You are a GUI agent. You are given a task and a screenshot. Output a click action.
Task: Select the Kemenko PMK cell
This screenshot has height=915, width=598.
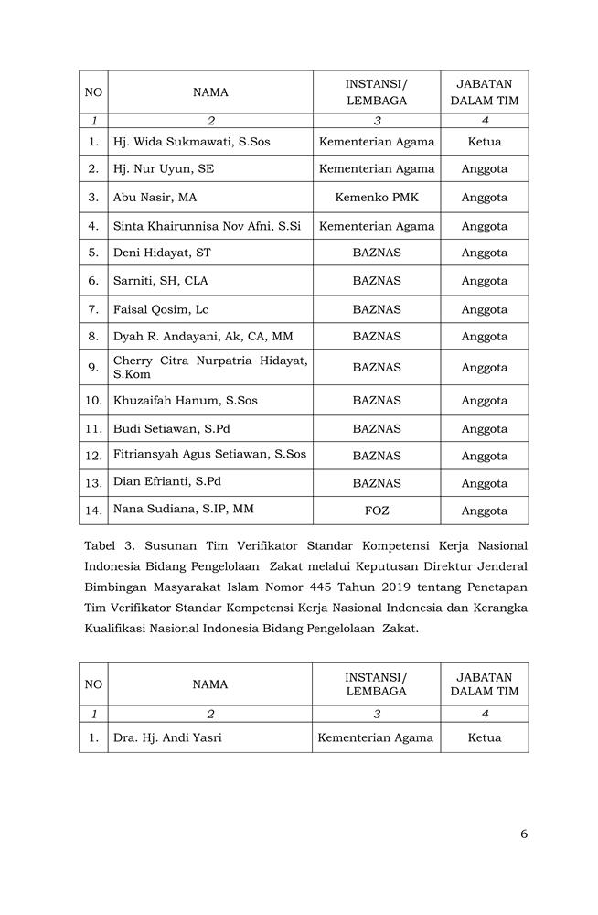click(x=376, y=197)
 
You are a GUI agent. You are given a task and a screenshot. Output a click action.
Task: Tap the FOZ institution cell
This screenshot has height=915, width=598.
click(x=376, y=511)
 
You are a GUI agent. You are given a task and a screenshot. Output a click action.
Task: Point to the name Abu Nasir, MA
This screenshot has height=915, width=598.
click(x=155, y=197)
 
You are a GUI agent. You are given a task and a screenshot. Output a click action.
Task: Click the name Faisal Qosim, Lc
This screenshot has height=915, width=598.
click(x=161, y=309)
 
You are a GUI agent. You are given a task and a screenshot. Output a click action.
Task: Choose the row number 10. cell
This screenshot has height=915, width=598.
click(x=93, y=401)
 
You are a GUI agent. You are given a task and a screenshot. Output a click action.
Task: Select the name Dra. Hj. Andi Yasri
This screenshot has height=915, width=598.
click(x=167, y=737)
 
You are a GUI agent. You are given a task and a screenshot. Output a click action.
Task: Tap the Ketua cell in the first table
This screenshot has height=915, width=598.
click(x=484, y=142)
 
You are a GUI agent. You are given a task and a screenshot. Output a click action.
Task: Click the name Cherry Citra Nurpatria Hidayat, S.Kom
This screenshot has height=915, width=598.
click(x=210, y=367)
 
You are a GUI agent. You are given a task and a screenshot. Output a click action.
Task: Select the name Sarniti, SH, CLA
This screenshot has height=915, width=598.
click(x=160, y=281)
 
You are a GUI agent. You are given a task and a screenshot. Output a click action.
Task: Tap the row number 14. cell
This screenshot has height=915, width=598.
click(x=93, y=511)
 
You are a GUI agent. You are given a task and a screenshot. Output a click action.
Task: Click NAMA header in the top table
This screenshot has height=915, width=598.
click(x=210, y=91)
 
